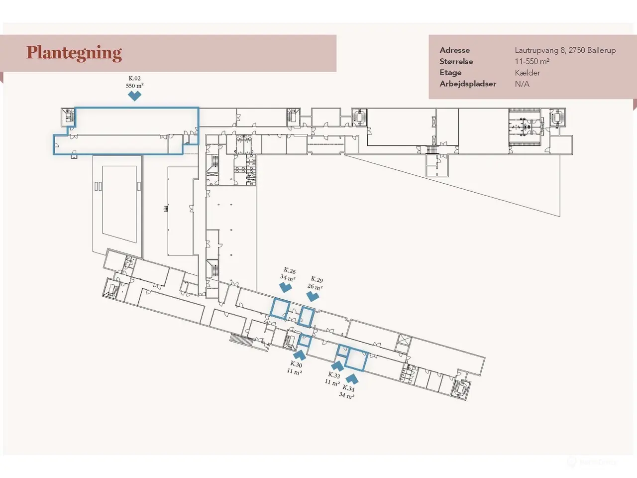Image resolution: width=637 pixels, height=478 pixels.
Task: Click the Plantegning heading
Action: pos(74,53)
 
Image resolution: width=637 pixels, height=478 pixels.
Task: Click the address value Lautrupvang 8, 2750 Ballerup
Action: pos(565,50)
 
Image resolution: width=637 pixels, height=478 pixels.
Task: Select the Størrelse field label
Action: pos(456,62)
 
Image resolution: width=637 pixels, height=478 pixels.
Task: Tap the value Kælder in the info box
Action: pos(528,73)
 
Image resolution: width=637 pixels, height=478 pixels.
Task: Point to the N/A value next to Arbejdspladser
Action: pos(522,84)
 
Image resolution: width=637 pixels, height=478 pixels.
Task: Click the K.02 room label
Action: pos(135,78)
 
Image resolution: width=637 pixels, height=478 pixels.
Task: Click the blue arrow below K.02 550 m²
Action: pos(135,96)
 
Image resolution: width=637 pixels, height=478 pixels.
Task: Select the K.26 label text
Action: pos(289,270)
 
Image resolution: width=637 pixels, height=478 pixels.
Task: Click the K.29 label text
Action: pos(317,279)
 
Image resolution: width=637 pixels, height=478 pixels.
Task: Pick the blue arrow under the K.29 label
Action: pos(313,297)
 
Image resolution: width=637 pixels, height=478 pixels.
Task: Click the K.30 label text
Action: pos(296,364)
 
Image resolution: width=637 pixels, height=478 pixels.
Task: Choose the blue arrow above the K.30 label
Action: pos(300,355)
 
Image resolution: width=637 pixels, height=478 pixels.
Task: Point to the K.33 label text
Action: pos(334,375)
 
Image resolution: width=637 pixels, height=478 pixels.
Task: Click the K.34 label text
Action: pos(348,388)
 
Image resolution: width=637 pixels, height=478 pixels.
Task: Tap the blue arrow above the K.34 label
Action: pos(352,379)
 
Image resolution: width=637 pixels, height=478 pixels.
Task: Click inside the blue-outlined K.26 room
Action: pos(280,309)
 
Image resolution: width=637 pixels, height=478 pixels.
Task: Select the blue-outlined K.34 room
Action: pos(356,359)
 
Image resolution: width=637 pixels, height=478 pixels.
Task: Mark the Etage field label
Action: pos(450,73)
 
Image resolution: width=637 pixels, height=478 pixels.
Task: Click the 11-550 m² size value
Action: pos(532,62)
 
